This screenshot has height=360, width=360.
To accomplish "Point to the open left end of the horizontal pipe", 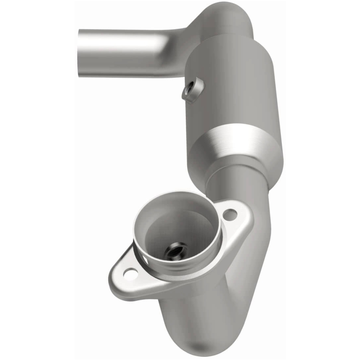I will click(x=81, y=52).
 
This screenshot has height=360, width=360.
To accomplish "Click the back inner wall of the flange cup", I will click(x=180, y=216).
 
